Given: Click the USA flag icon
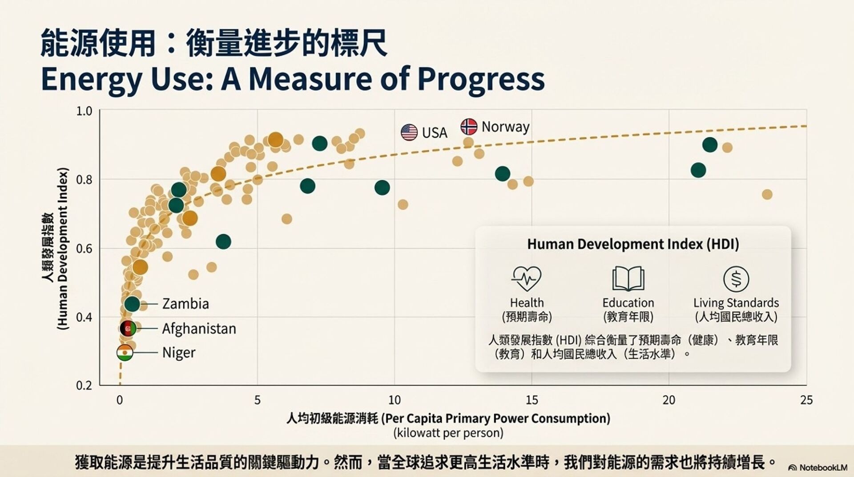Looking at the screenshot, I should coord(409,132).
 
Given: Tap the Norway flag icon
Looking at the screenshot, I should coord(468,126).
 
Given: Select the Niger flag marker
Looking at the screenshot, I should coord(125,353).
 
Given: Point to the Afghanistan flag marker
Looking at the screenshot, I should coord(128,329).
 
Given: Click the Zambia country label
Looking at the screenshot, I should coord(185,304).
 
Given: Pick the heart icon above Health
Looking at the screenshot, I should coord(526,278).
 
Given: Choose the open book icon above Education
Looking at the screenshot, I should coord(628,278).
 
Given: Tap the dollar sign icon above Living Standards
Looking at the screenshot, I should coord(736,279).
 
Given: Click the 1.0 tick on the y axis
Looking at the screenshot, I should coord(84,111).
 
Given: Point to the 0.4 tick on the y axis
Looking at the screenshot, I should coord(84,318).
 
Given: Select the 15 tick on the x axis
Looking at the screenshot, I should coord(532,400).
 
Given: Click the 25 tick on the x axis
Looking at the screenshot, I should coord(806,400).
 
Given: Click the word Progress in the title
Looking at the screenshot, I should coord(481,79).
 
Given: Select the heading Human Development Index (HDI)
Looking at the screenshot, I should coord(633,244).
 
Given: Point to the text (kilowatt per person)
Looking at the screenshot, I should coord(448,432).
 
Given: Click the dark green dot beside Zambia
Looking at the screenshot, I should coord(132,304).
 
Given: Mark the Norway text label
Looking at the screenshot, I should coord(505,127).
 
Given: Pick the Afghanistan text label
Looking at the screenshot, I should coord(199,329).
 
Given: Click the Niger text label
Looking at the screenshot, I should coord(179,353).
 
